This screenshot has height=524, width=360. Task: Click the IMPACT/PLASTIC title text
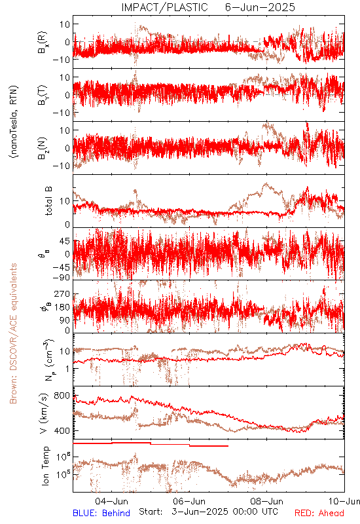coord(164,7)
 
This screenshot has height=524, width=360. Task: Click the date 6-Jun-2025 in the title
coord(260,7)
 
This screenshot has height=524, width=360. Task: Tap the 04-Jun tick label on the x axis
coord(111,501)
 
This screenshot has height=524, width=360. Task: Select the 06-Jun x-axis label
coord(189,501)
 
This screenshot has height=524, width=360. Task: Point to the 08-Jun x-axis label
coord(267,501)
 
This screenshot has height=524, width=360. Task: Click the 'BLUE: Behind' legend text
coord(101,513)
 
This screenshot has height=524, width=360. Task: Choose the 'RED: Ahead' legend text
coord(319,513)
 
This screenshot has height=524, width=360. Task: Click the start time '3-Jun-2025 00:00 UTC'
coord(225,512)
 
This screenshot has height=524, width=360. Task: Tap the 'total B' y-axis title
coord(48,201)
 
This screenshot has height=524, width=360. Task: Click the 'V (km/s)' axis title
coord(44,413)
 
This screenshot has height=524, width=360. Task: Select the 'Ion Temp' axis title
coord(45,466)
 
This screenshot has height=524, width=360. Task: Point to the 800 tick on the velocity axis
coord(62,396)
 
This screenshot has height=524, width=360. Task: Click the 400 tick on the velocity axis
coord(62,431)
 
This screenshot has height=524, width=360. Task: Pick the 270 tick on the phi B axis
coord(62,294)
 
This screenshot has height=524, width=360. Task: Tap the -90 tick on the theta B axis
coord(61,278)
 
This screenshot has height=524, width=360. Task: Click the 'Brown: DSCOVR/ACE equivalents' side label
coord(13,333)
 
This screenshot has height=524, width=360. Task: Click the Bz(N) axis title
coord(43,149)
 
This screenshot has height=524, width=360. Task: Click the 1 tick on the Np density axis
coord(67,369)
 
